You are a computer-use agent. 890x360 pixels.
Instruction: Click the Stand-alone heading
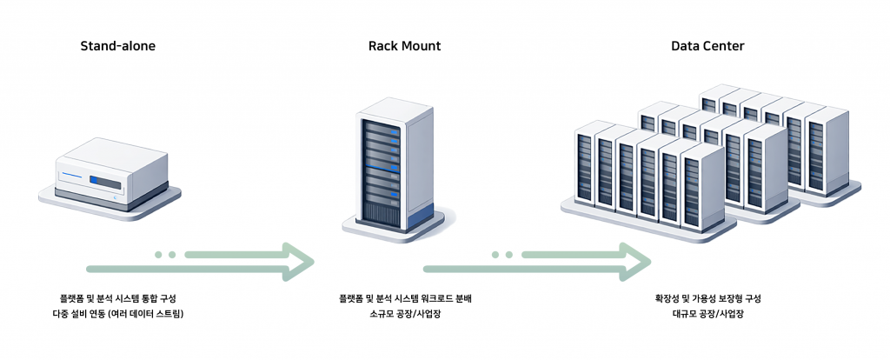(118, 45)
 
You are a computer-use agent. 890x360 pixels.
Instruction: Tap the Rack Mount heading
(405, 45)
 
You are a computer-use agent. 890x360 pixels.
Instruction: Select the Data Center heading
(707, 45)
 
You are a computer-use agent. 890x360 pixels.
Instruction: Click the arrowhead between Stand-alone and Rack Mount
(297, 257)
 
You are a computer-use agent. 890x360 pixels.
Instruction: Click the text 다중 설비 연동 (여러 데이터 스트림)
(118, 313)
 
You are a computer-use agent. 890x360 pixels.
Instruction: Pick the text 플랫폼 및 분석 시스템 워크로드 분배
(405, 298)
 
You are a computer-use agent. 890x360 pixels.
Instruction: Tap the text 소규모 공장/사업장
(405, 313)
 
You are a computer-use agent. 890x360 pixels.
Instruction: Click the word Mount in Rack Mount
(422, 45)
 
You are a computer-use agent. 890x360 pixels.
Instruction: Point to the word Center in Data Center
(725, 45)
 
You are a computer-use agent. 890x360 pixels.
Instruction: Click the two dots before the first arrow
(165, 255)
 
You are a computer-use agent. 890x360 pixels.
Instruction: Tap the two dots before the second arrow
(501, 255)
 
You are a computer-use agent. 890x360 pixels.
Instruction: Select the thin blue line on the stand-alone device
(71, 177)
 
